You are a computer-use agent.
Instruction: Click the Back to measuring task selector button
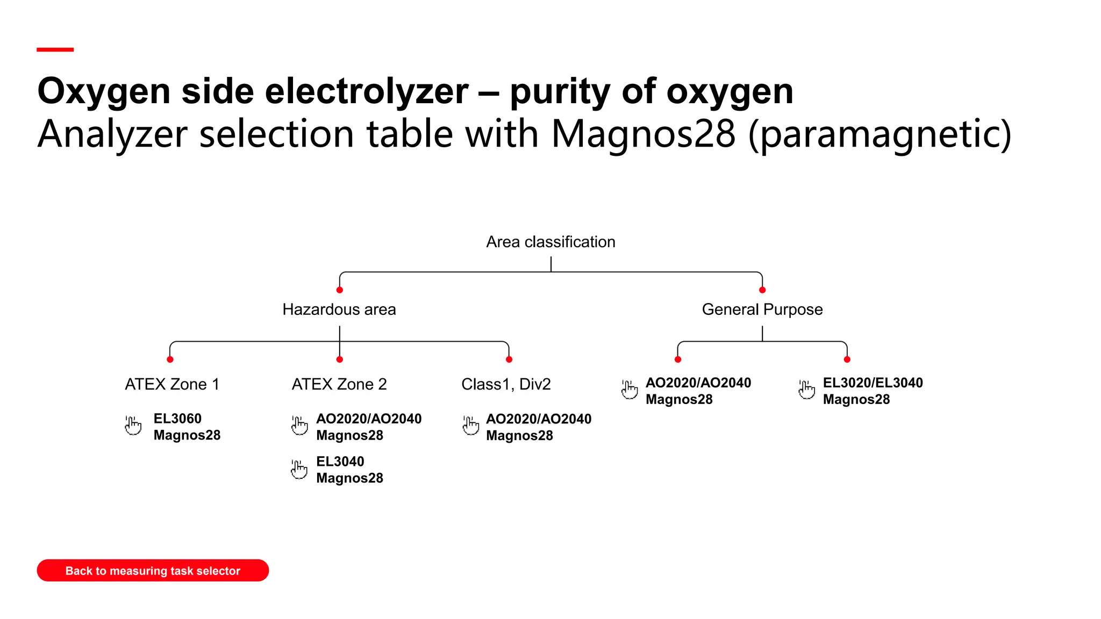tap(153, 570)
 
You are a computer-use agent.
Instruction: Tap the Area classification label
tap(550, 242)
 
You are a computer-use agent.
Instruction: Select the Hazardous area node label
tap(339, 309)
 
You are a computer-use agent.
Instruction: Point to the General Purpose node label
tap(762, 309)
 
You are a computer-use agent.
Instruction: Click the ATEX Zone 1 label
tap(172, 384)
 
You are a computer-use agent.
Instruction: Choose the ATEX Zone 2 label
tap(339, 384)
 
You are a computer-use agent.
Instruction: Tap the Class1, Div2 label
tap(506, 384)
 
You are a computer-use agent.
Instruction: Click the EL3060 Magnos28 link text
tap(187, 427)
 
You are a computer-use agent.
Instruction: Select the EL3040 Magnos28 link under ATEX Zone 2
tap(349, 470)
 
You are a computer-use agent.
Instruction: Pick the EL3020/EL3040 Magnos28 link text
tap(873, 391)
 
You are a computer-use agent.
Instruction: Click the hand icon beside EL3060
tap(133, 425)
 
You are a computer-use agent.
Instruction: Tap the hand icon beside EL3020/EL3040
tap(806, 390)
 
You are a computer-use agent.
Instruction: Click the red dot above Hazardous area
tap(340, 290)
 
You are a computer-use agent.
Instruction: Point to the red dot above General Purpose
tap(762, 290)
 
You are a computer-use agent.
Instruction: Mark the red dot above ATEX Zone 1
tap(170, 359)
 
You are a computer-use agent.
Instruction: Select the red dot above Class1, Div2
tap(509, 359)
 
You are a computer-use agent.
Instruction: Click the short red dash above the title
tap(55, 49)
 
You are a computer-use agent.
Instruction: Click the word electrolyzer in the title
tap(367, 91)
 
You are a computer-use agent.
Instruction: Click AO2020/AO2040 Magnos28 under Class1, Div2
tap(538, 427)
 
